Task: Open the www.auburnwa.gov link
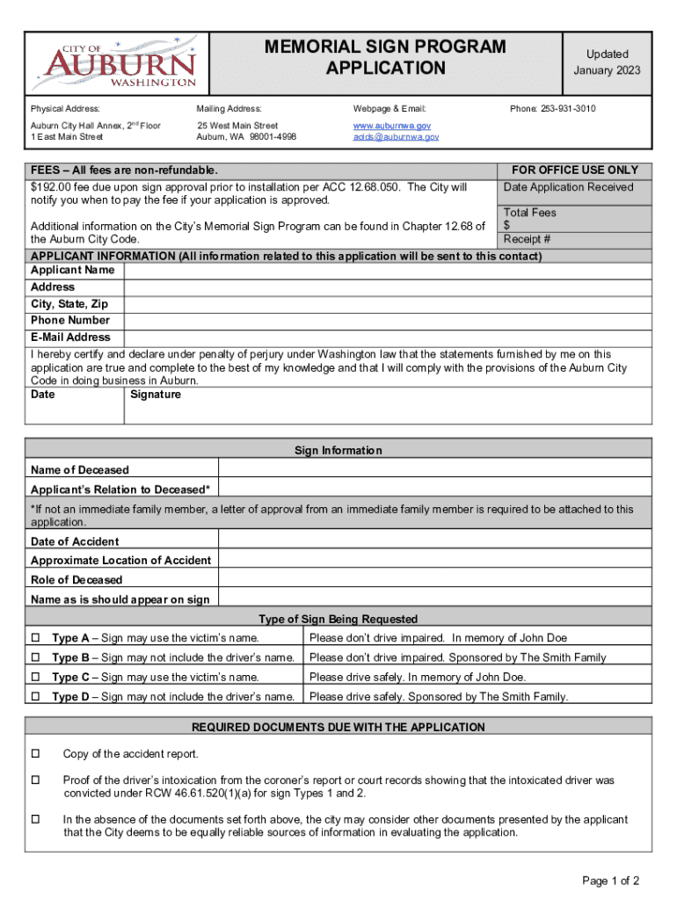click(x=391, y=127)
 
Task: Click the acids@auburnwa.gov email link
click(x=396, y=137)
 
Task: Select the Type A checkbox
click(x=36, y=638)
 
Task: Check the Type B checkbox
click(x=36, y=657)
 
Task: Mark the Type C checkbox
click(x=36, y=678)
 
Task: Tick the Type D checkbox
click(x=36, y=697)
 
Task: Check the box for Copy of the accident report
click(x=36, y=754)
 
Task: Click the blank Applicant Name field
click(x=387, y=271)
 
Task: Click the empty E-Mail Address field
click(x=387, y=337)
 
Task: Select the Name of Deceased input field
click(x=434, y=470)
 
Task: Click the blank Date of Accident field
click(x=434, y=541)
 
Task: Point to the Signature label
click(x=156, y=395)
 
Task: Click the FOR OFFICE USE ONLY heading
click(x=575, y=170)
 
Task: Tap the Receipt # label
click(x=527, y=239)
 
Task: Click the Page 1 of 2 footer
click(x=610, y=881)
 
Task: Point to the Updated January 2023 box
click(x=607, y=62)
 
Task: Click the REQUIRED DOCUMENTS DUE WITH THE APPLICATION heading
click(x=338, y=727)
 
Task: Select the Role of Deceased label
click(x=76, y=580)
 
